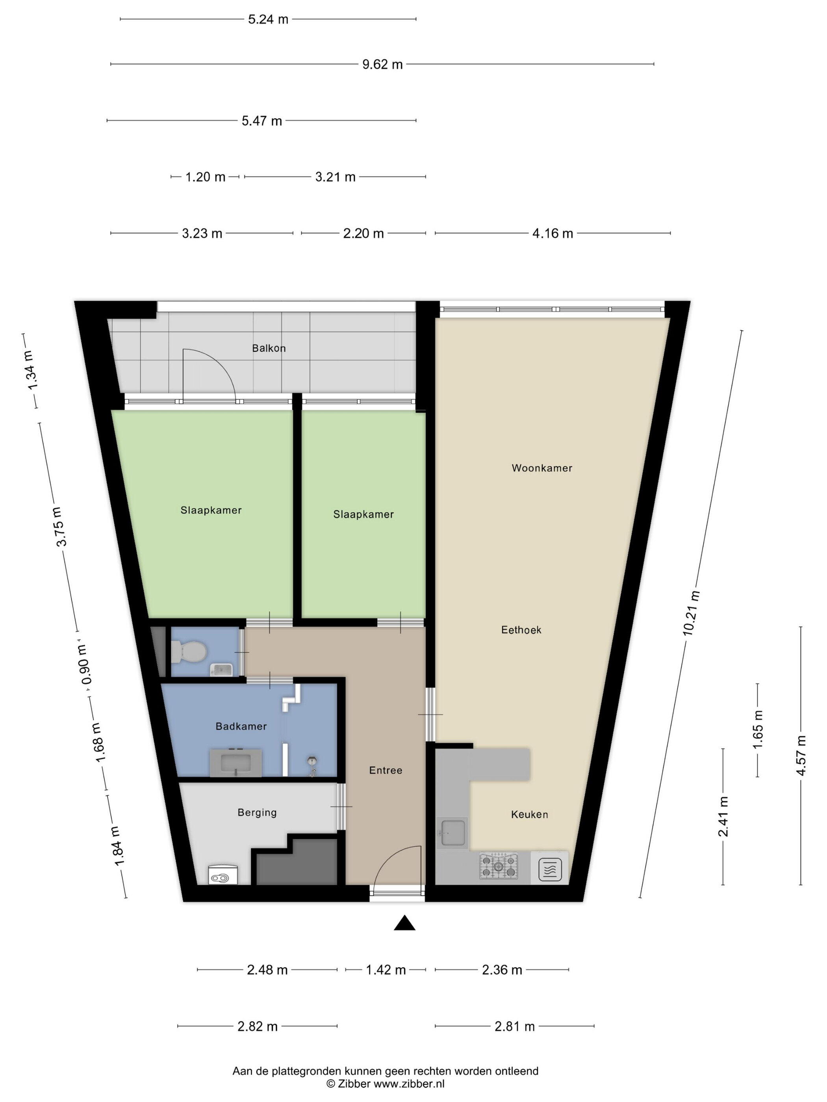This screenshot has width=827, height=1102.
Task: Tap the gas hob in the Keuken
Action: [x=498, y=866]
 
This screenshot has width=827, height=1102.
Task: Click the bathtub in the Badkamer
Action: [x=236, y=763]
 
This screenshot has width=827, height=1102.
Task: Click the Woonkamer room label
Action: [x=541, y=468]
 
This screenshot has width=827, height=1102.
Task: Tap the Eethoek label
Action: [x=521, y=630]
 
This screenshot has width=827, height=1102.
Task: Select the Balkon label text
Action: [x=269, y=348]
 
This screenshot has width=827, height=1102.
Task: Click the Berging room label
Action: [x=257, y=813]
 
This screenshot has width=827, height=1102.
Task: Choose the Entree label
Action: [x=385, y=770]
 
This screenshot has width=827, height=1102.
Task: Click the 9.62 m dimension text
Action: [x=382, y=64]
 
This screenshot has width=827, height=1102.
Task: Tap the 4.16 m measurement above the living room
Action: [x=553, y=233]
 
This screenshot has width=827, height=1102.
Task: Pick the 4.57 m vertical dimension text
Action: [x=801, y=755]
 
